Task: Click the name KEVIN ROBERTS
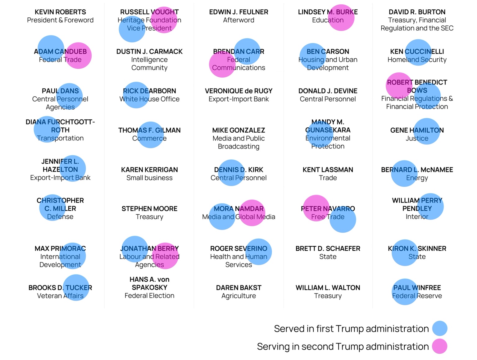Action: (60, 12)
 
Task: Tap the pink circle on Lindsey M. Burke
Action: (341, 18)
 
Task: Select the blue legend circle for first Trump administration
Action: (440, 328)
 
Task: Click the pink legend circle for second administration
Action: (440, 346)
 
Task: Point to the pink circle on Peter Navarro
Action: (316, 208)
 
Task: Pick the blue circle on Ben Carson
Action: (312, 56)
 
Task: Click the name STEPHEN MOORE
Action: (149, 209)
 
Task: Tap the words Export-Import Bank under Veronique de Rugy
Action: (238, 99)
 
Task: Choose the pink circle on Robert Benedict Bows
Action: (399, 85)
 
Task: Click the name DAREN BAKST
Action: (238, 288)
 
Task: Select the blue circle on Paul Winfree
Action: (405, 292)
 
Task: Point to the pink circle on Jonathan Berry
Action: (166, 256)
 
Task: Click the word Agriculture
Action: (238, 296)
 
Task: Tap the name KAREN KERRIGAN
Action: (149, 170)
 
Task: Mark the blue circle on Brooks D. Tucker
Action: (76, 288)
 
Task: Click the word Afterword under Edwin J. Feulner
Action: (238, 20)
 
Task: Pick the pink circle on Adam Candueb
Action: (78, 55)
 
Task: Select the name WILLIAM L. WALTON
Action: (328, 288)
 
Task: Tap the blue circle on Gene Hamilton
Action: (427, 131)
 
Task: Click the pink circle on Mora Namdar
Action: (252, 213)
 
